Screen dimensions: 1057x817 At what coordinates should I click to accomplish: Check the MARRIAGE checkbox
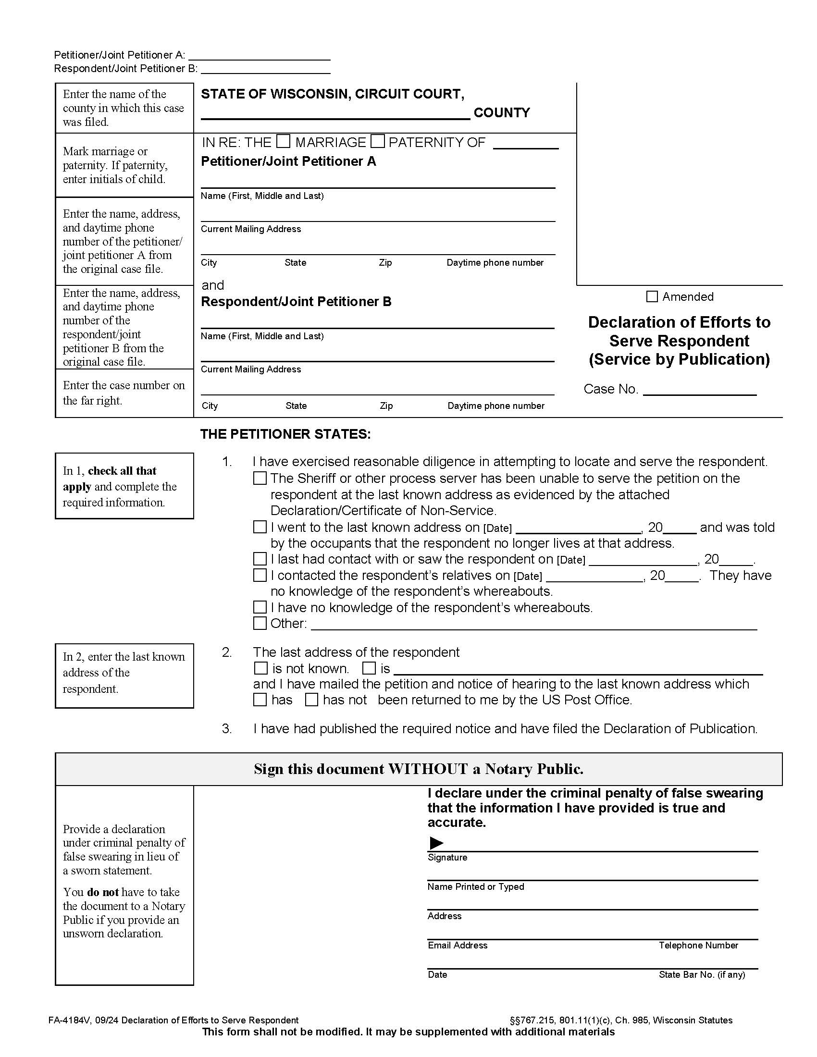click(x=283, y=141)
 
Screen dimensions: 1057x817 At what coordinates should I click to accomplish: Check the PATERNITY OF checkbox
click(x=378, y=141)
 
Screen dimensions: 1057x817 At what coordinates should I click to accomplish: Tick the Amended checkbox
click(x=652, y=296)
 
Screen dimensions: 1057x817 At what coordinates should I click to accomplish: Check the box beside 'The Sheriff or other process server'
click(x=260, y=479)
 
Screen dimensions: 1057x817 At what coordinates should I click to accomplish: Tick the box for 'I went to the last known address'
click(x=260, y=527)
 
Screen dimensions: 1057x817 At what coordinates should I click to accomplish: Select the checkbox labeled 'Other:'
click(x=260, y=623)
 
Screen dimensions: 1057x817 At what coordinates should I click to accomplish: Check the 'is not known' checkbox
click(x=260, y=668)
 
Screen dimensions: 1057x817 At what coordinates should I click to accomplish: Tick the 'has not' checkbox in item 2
click(x=312, y=700)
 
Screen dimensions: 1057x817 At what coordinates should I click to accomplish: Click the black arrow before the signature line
click(x=436, y=843)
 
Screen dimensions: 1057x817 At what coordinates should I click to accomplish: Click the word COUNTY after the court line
click(x=501, y=113)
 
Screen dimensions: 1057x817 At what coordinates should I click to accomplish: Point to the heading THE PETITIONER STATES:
click(x=285, y=434)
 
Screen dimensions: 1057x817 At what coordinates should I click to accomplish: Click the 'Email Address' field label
click(x=458, y=945)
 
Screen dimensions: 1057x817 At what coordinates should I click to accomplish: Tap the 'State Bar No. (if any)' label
click(x=701, y=975)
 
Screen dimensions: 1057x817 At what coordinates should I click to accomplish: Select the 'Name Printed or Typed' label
click(x=475, y=886)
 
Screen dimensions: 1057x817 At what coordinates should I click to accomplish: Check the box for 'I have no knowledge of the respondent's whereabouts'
click(x=260, y=607)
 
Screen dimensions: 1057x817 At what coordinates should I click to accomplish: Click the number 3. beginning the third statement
click(x=226, y=728)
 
